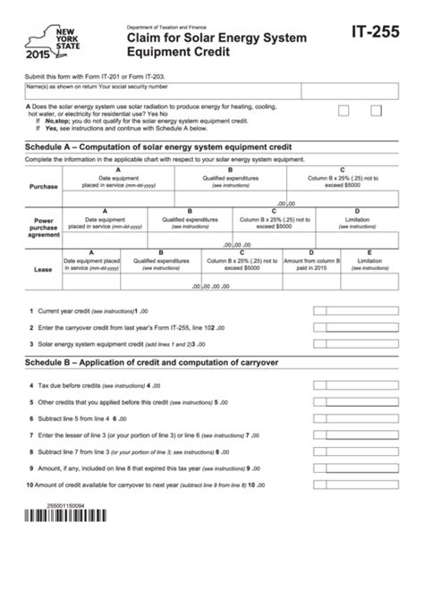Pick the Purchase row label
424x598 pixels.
[x=43, y=186]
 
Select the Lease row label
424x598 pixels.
[x=43, y=266]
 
